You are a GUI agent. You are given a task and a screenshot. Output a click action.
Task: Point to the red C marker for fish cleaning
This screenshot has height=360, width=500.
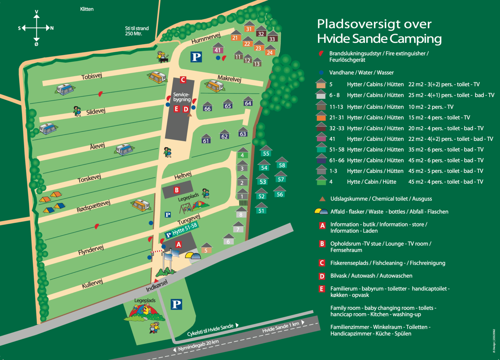pyautogui.click(x=183, y=80)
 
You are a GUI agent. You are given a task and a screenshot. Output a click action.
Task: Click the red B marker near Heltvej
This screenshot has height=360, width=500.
pyautogui.click(x=177, y=190)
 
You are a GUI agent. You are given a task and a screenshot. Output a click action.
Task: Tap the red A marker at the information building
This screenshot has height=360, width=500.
pyautogui.click(x=178, y=245)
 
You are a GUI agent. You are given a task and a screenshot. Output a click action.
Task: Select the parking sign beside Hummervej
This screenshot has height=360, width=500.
pyautogui.click(x=196, y=57)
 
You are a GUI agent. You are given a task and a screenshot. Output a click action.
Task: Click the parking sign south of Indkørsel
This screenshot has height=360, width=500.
pyautogui.click(x=176, y=304)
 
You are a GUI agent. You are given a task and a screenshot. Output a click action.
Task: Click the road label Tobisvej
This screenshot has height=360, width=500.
pyautogui.click(x=92, y=76)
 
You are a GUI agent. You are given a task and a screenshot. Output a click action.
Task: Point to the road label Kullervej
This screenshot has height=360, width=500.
pyautogui.click(x=92, y=284)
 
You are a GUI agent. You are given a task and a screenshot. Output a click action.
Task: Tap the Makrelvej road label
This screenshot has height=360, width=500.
pyautogui.click(x=229, y=78)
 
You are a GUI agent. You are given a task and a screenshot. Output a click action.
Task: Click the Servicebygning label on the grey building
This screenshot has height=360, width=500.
pyautogui.click(x=181, y=97)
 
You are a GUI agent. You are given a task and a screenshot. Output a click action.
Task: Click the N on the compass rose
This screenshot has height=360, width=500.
pyautogui.click(x=52, y=28)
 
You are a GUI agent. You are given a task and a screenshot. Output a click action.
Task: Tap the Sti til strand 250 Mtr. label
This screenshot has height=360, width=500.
pyautogui.click(x=137, y=31)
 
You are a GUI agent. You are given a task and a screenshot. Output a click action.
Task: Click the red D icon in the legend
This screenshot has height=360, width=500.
pyautogui.click(x=322, y=276)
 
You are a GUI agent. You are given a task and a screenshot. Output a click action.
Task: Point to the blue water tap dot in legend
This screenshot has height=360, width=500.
pyautogui.click(x=322, y=73)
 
